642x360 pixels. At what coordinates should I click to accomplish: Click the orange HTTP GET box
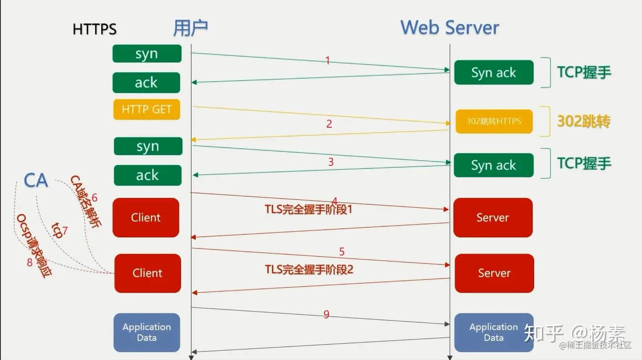point(146,110)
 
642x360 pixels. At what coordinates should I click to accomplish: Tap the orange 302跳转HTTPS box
point(494,121)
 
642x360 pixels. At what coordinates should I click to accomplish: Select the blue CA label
point(36,180)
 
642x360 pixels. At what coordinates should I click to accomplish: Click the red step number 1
point(328,60)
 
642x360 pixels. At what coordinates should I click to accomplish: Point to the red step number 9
point(326,314)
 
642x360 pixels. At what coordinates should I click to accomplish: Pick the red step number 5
point(342,251)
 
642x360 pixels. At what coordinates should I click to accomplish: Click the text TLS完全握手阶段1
point(308,210)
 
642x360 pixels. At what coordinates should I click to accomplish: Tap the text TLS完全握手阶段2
point(309,270)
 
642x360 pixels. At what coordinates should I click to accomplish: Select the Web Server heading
point(449,28)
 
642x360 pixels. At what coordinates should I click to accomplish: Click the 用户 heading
point(190,28)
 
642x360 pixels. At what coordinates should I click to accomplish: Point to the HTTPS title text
point(94,29)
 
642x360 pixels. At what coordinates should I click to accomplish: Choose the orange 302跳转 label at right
point(584,121)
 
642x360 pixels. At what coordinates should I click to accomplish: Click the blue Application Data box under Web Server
point(493,332)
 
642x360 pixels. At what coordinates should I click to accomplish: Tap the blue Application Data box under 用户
point(146,332)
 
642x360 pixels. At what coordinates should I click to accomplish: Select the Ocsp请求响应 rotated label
point(34,245)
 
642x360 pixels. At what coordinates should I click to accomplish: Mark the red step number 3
point(331,162)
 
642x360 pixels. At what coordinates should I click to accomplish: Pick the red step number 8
point(30,262)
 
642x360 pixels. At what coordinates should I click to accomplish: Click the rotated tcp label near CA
point(57,230)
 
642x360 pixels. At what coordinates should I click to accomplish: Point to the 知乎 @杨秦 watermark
point(574,333)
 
